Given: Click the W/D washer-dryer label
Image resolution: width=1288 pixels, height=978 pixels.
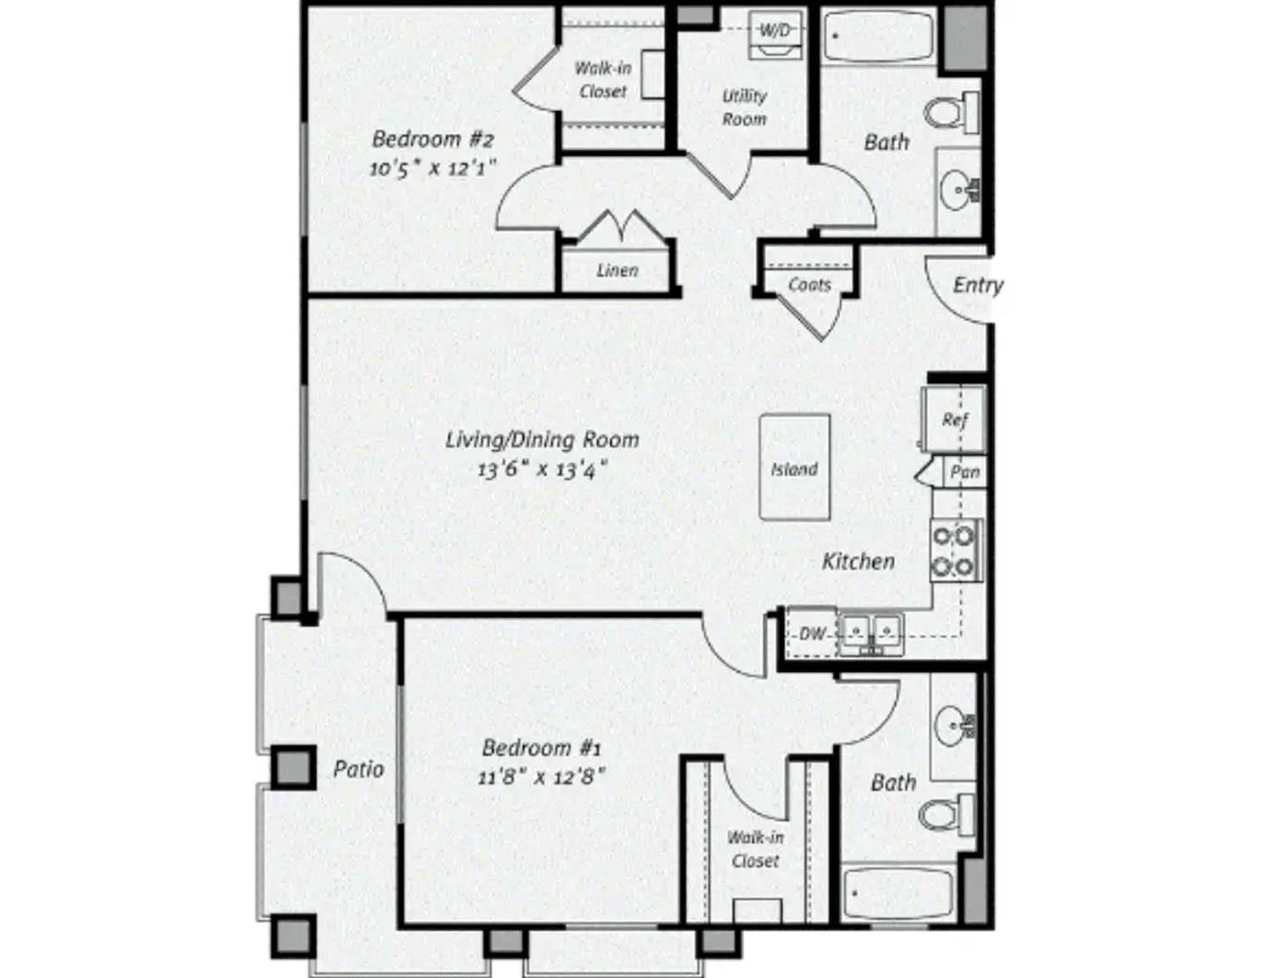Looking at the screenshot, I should coord(774,31).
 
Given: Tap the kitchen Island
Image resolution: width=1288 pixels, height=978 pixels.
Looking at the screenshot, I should coord(794,467).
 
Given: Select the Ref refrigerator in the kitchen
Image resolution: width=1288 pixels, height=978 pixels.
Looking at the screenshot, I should coord(954,420).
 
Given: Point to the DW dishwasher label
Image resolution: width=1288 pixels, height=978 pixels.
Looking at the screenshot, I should coord(811,633).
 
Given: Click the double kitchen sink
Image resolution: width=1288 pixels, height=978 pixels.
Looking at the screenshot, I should coord(870,632).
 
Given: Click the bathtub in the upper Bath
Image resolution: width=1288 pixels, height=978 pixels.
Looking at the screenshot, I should coord(878,36).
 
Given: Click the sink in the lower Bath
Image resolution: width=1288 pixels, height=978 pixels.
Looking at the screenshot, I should coord(955,725).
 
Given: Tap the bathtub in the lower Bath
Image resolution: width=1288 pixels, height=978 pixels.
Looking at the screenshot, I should coord(898,892).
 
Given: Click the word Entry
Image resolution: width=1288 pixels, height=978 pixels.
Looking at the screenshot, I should coord(977,286).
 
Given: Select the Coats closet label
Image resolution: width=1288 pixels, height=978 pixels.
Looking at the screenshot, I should coord(809,285).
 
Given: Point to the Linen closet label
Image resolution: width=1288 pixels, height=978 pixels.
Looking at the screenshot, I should coord(617,270).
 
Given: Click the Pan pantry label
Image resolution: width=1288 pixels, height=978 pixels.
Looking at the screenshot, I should coord(965,472).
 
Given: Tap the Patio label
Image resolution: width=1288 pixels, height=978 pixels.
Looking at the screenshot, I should coord(358,770).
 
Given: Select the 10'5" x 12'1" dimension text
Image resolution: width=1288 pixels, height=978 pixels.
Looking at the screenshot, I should coord(432,167).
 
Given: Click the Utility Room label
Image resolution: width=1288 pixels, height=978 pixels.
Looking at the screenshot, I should coord(744,108).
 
